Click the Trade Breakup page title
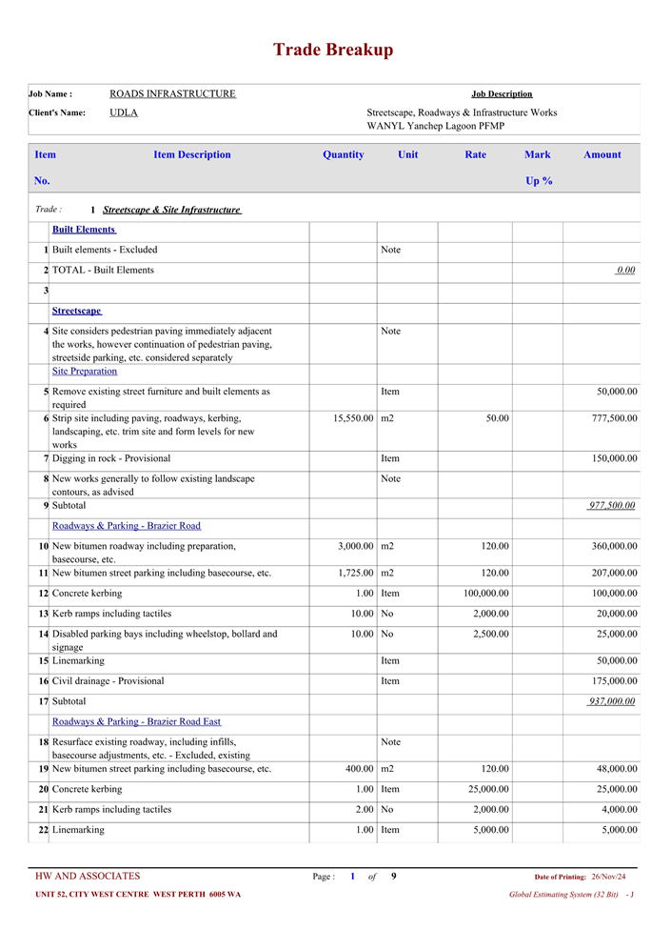(x=333, y=51)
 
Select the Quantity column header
(x=343, y=154)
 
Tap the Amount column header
(x=602, y=154)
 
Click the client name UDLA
(x=124, y=112)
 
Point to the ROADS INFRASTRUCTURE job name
(x=172, y=93)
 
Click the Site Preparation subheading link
(x=85, y=371)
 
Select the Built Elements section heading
(x=84, y=230)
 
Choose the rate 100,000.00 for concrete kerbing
(x=480, y=594)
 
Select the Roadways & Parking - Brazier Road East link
(x=136, y=721)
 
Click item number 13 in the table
(x=43, y=614)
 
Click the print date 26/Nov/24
(x=608, y=877)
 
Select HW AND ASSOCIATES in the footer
(x=88, y=877)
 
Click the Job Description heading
(x=502, y=93)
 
